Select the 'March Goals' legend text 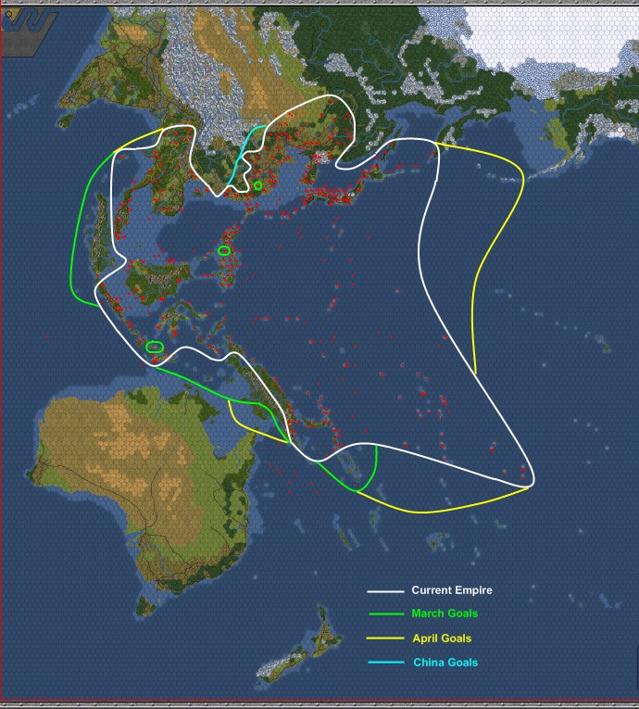[445, 614]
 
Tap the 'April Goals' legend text [442, 639]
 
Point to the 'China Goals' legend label [445, 663]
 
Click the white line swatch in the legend [385, 590]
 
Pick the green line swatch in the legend [385, 614]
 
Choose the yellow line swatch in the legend [385, 639]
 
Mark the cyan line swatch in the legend [385, 663]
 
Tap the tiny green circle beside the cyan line [257, 185]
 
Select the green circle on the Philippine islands [224, 250]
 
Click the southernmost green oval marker [155, 347]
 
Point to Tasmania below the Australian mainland [145, 605]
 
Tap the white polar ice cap [546, 37]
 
